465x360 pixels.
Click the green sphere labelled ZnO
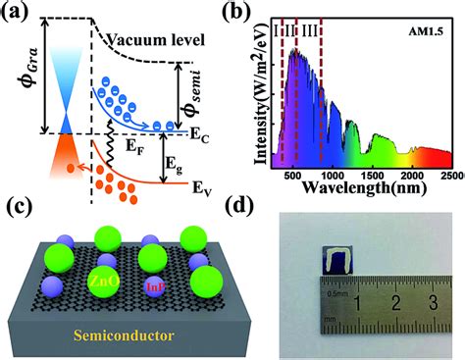pos(94,280)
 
